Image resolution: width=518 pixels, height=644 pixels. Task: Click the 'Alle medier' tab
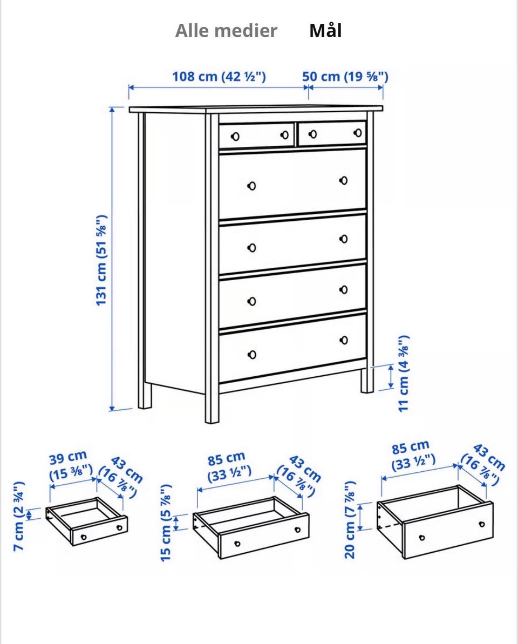pos(226,31)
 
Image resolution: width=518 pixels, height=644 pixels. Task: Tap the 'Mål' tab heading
pos(325,31)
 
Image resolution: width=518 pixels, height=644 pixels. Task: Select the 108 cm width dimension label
pos(219,77)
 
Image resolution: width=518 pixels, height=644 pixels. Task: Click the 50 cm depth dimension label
pos(345,77)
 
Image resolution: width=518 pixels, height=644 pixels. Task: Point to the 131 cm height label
pos(101,260)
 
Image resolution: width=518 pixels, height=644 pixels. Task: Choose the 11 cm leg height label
pos(404,374)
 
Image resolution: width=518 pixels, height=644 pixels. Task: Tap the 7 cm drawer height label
pos(19,516)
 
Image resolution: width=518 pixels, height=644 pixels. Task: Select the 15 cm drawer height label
pos(165,523)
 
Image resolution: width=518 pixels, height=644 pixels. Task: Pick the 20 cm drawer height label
pos(350,519)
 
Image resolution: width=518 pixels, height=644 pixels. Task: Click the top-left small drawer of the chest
pos(256,135)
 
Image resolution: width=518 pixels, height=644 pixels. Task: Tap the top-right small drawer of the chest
pos(332,133)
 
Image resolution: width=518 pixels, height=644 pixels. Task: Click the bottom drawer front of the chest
pos(292,348)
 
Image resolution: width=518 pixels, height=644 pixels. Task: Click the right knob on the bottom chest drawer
pos(344,340)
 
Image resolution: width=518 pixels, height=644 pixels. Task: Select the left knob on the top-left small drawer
pos(235,137)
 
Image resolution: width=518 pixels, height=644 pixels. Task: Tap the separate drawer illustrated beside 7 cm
pos(87,521)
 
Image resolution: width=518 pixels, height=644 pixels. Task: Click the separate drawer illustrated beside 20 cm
pos(435,521)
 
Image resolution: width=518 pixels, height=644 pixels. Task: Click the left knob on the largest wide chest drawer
pos(251,186)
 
